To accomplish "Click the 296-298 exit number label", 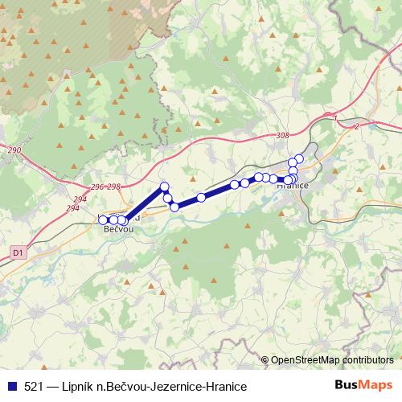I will point(105,187).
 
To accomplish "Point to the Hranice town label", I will point(293,186).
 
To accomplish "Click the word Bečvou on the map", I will point(118,229).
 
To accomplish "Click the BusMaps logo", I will point(363,386).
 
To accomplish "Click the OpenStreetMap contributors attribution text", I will point(332,360).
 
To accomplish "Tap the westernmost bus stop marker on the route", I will point(103,219).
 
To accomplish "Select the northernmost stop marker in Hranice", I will point(299,158).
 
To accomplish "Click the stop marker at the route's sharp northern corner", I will point(165,187).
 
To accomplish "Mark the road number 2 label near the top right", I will point(355,126).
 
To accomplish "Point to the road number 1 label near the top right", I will point(334,118).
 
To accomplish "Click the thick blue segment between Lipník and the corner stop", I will point(145,203).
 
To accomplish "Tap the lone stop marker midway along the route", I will point(201,197).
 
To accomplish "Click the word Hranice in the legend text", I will point(223,387).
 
